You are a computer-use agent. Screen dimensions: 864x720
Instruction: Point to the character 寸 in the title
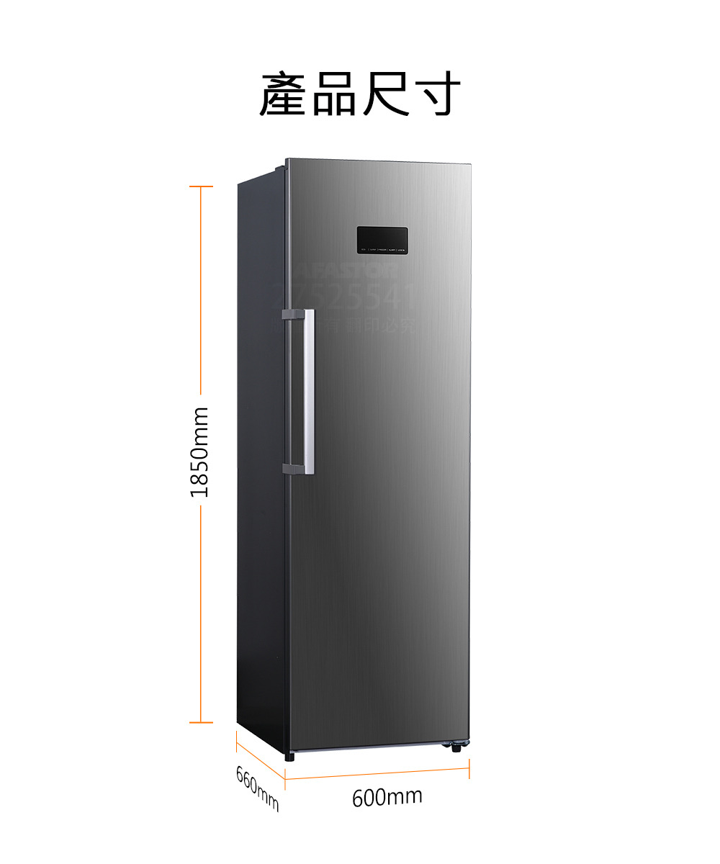click(437, 94)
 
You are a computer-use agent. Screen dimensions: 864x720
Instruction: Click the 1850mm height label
click(199, 452)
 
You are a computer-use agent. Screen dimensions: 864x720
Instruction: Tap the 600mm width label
click(387, 797)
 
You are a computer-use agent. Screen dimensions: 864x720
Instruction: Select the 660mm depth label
click(257, 789)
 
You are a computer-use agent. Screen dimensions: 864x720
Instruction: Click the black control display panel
click(382, 241)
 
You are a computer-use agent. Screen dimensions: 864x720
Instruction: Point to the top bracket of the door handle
click(293, 315)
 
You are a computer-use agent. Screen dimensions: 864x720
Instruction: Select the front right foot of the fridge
click(456, 747)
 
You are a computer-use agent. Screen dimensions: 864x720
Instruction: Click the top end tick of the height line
click(201, 186)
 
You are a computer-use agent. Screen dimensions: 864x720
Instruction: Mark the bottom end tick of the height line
click(201, 721)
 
